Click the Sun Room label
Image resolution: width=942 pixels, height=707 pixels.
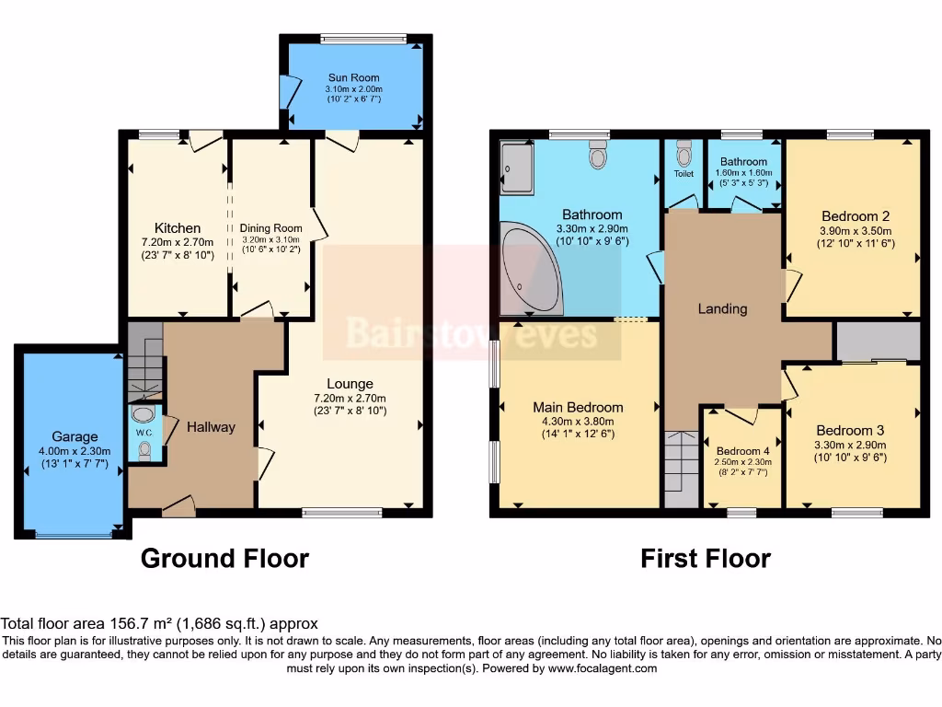[353, 78]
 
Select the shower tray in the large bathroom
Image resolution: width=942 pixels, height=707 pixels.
[516, 168]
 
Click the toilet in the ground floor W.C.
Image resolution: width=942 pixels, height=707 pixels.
[144, 449]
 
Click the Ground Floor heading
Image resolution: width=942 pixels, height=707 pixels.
[224, 558]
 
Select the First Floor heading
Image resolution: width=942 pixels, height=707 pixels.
[706, 558]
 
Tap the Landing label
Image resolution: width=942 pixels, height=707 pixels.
[722, 308]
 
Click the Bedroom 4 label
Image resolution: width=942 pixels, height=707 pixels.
[743, 451]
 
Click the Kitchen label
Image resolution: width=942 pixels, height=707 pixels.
[178, 228]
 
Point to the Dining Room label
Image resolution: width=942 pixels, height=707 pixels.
[270, 228]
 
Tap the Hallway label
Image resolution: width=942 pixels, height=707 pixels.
[211, 426]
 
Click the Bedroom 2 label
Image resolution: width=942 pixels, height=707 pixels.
[852, 216]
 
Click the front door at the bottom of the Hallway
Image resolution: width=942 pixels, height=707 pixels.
[178, 504]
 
